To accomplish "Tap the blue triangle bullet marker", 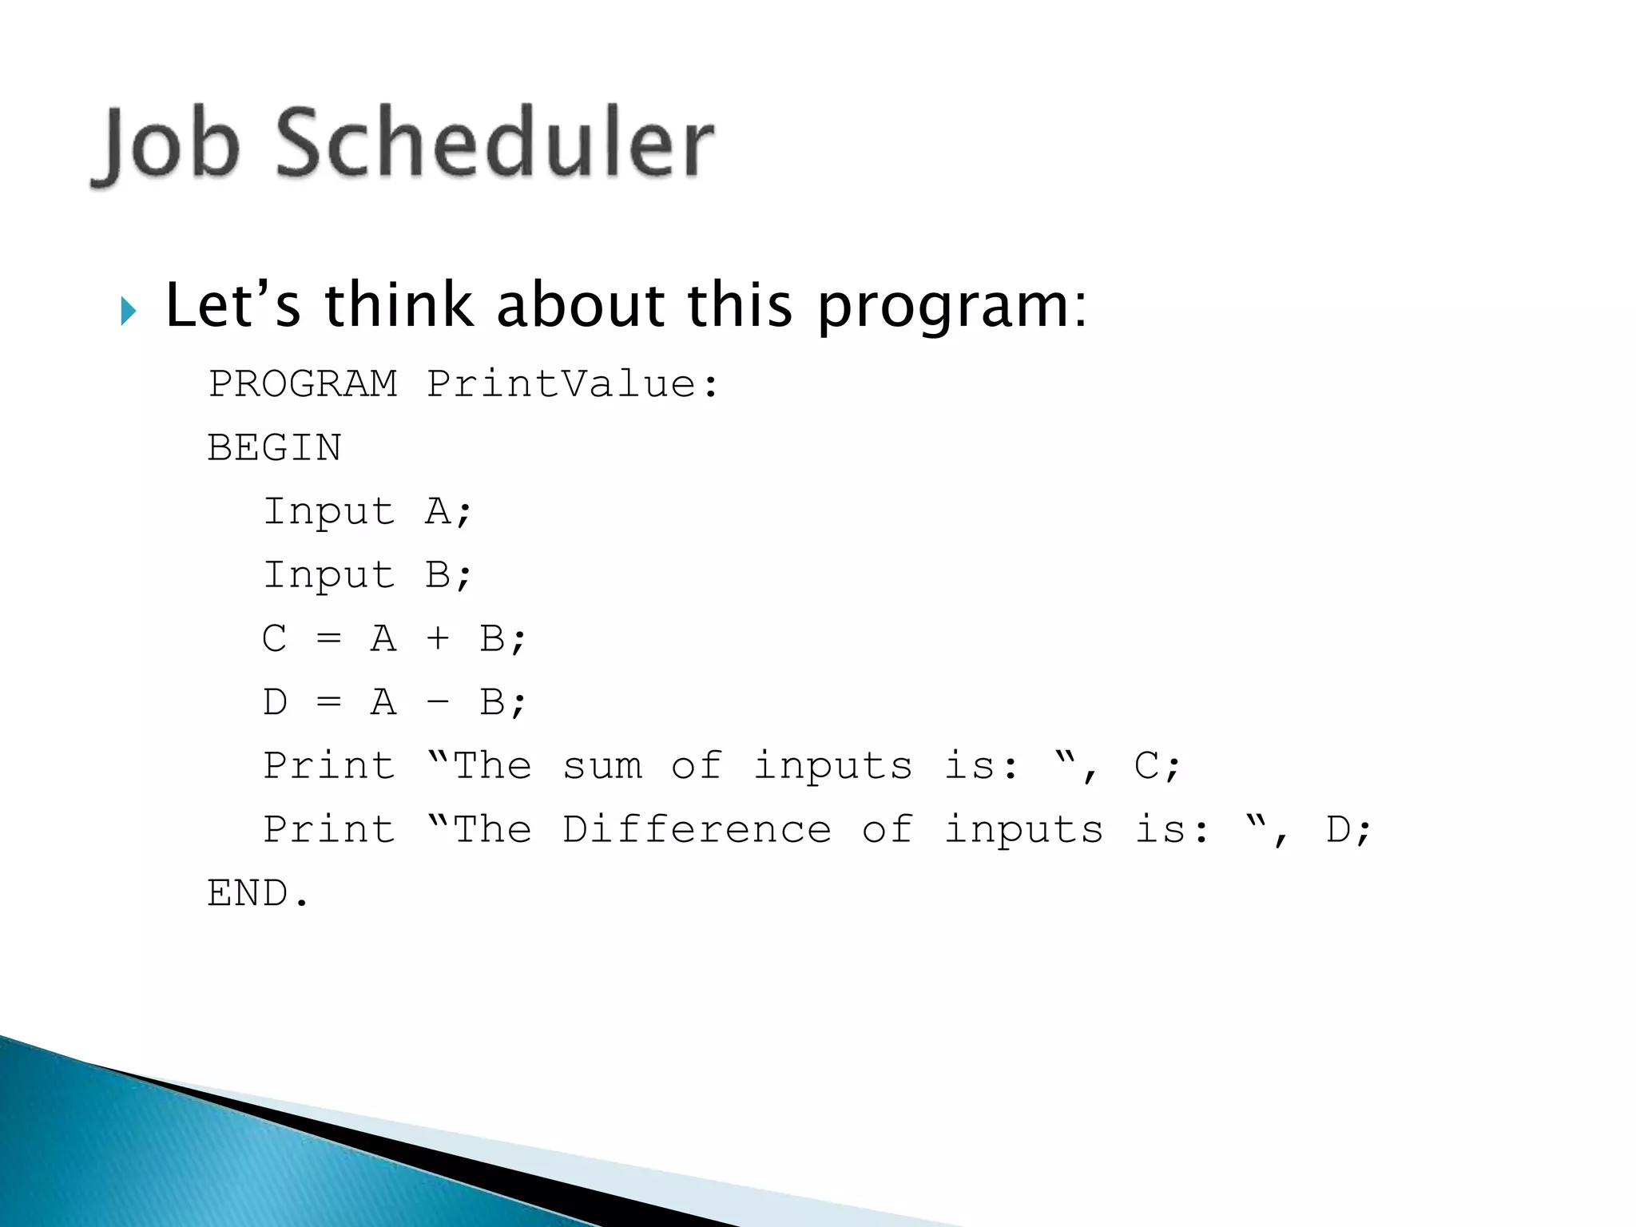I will click(x=128, y=311).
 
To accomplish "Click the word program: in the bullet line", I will click(x=951, y=308).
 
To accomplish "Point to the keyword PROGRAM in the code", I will click(x=303, y=384).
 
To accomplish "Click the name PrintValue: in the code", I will click(x=573, y=384).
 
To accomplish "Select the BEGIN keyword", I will click(x=275, y=447).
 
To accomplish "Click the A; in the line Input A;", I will click(x=448, y=511).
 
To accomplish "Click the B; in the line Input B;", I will click(x=448, y=575).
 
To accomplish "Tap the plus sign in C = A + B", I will click(x=437, y=639).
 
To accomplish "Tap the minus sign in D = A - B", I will click(x=437, y=703).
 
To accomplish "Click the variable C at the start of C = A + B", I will click(x=274, y=639).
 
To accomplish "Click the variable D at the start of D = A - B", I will click(x=274, y=703).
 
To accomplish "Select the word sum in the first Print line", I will click(x=602, y=767).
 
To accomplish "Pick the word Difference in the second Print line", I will click(x=697, y=830).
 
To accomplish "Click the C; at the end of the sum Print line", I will click(x=1157, y=767).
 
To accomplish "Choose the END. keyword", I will click(x=257, y=893).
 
